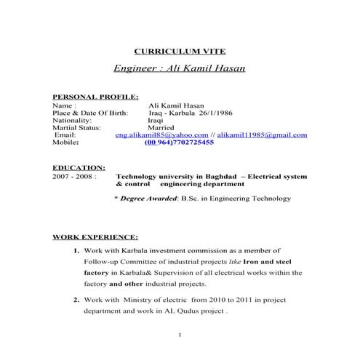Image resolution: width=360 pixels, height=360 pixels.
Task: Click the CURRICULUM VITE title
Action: (180, 51)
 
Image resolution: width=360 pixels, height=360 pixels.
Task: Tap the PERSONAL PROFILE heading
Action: (85, 96)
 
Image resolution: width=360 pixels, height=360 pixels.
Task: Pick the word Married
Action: (161, 127)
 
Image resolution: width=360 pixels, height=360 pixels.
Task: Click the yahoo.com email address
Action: (160, 135)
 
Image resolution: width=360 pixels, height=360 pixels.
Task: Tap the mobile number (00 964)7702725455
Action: (179, 143)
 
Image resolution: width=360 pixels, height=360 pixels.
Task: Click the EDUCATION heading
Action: (73, 168)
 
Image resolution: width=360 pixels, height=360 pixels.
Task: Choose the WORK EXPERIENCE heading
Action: (94, 237)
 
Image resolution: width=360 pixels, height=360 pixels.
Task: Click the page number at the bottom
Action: (179, 336)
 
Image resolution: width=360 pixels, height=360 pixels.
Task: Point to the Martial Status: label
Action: (76, 127)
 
